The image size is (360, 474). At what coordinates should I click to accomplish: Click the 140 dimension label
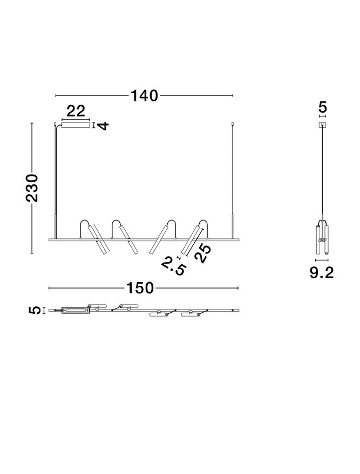[x=144, y=95]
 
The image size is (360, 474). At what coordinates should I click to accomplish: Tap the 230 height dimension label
[x=32, y=188]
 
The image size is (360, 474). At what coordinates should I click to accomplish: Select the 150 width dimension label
[x=140, y=288]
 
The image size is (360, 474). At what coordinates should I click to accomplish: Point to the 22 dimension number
[x=76, y=111]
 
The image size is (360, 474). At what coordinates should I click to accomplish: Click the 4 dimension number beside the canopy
[x=104, y=126]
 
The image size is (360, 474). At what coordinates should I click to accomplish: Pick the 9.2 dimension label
[x=322, y=273]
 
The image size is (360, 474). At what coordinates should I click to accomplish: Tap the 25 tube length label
[x=202, y=252]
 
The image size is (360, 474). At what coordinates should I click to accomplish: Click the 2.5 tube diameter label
[x=174, y=266]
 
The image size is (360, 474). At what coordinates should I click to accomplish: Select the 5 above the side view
[x=323, y=107]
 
